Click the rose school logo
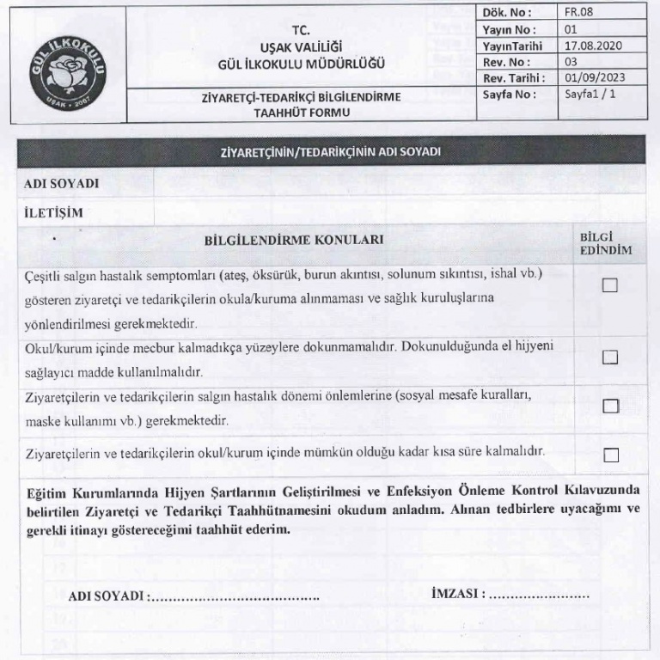[68, 65]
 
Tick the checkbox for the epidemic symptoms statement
[610, 286]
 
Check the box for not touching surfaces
[610, 357]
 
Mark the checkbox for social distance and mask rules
[610, 406]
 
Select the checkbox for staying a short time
[610, 455]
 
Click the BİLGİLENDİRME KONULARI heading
[294, 241]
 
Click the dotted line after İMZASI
[539, 595]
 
